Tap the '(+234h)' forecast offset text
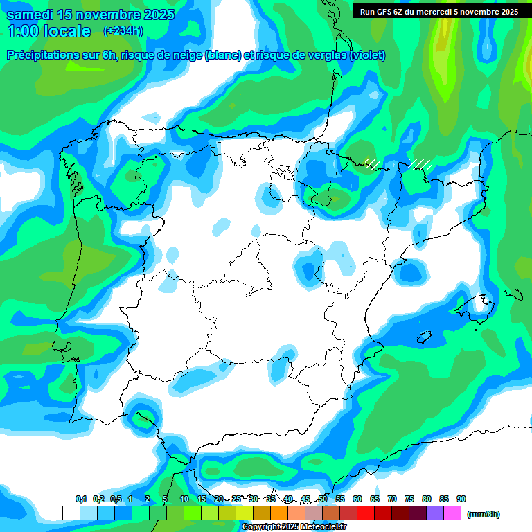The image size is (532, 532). coord(123,30)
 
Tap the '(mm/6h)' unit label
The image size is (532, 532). coord(484,514)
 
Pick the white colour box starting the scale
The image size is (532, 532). coord(71,513)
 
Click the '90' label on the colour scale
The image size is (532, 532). coord(461,499)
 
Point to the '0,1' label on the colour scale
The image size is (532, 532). coord(81,499)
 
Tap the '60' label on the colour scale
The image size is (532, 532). coord(357,499)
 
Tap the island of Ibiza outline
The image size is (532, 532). coord(423,337)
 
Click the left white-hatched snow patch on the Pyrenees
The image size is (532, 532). coord(371,163)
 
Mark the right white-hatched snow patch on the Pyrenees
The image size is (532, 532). coord(420,164)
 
